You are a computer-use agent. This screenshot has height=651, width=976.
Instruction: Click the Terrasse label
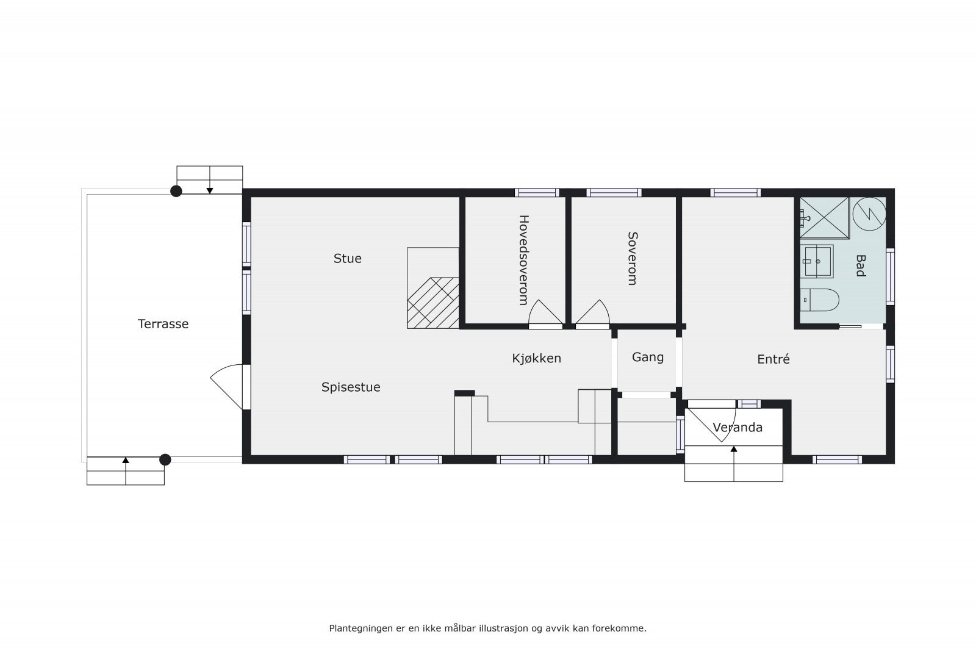163,324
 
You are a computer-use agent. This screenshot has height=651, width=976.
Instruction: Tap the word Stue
347,259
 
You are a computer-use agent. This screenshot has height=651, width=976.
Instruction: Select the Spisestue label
351,387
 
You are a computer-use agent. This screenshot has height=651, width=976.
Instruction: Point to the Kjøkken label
536,359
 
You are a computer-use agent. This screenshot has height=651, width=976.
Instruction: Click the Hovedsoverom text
522,260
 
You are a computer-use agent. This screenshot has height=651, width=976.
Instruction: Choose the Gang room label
647,358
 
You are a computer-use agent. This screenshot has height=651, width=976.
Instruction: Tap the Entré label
773,359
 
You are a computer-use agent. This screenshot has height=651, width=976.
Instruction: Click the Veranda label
737,428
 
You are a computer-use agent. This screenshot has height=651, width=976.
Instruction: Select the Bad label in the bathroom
861,266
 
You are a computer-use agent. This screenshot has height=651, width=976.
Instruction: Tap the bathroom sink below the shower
817,261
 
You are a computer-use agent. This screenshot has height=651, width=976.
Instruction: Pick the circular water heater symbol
869,214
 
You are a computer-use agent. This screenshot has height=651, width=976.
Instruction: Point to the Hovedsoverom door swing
545,313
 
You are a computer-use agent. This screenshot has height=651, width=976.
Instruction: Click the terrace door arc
228,384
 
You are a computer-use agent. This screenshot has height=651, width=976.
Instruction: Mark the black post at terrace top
176,192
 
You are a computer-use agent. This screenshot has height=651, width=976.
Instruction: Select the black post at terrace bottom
165,459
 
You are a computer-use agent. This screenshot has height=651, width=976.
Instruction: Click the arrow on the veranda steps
734,450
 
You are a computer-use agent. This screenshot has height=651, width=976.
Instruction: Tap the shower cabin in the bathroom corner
824,217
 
